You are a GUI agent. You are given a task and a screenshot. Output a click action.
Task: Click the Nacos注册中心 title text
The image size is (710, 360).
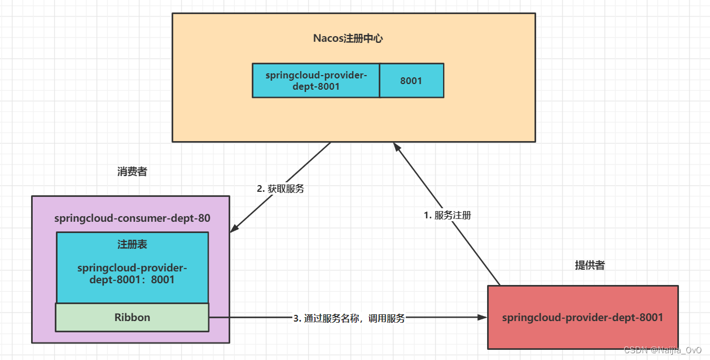coord(348,38)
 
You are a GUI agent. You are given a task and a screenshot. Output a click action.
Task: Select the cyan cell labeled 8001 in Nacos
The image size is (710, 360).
coord(411,80)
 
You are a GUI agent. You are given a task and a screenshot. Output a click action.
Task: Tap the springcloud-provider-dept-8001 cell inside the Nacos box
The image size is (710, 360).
coord(315,80)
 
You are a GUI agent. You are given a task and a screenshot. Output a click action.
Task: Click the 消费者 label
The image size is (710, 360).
coord(132,172)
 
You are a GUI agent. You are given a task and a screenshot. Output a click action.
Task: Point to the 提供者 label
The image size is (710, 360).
coord(589,265)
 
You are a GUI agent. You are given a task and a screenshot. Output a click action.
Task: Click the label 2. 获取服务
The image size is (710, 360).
coord(281,189)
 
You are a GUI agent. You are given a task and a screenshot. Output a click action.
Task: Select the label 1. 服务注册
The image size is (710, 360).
coord(447,215)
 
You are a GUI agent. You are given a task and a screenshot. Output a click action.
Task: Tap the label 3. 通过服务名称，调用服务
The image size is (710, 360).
coord(349,318)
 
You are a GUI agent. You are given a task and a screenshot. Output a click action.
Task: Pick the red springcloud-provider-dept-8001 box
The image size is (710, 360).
coord(582,317)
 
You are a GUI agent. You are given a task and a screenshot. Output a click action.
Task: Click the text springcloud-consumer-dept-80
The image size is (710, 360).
coord(133,218)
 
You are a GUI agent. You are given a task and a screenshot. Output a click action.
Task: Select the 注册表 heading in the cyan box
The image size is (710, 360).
coord(133,244)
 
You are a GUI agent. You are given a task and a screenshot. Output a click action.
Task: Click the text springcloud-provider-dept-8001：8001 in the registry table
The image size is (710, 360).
coord(132,273)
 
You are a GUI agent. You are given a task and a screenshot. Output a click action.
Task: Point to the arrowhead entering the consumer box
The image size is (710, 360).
coord(234,229)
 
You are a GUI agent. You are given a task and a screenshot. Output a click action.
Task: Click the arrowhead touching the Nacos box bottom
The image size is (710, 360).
coord(396,146)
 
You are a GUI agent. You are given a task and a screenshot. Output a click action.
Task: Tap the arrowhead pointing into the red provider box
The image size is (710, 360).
coord(483,318)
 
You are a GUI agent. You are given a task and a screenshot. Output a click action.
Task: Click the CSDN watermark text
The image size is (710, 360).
coord(665,350)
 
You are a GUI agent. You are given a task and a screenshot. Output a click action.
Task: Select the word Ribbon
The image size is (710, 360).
coord(133,317)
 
